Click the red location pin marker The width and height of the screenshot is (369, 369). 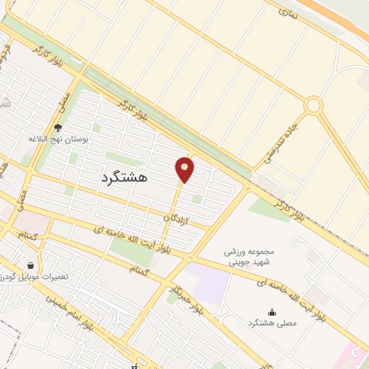185,169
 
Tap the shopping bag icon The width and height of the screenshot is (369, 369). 30,265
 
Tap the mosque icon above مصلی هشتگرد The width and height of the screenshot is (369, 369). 272,311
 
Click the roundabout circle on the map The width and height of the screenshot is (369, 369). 313,106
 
